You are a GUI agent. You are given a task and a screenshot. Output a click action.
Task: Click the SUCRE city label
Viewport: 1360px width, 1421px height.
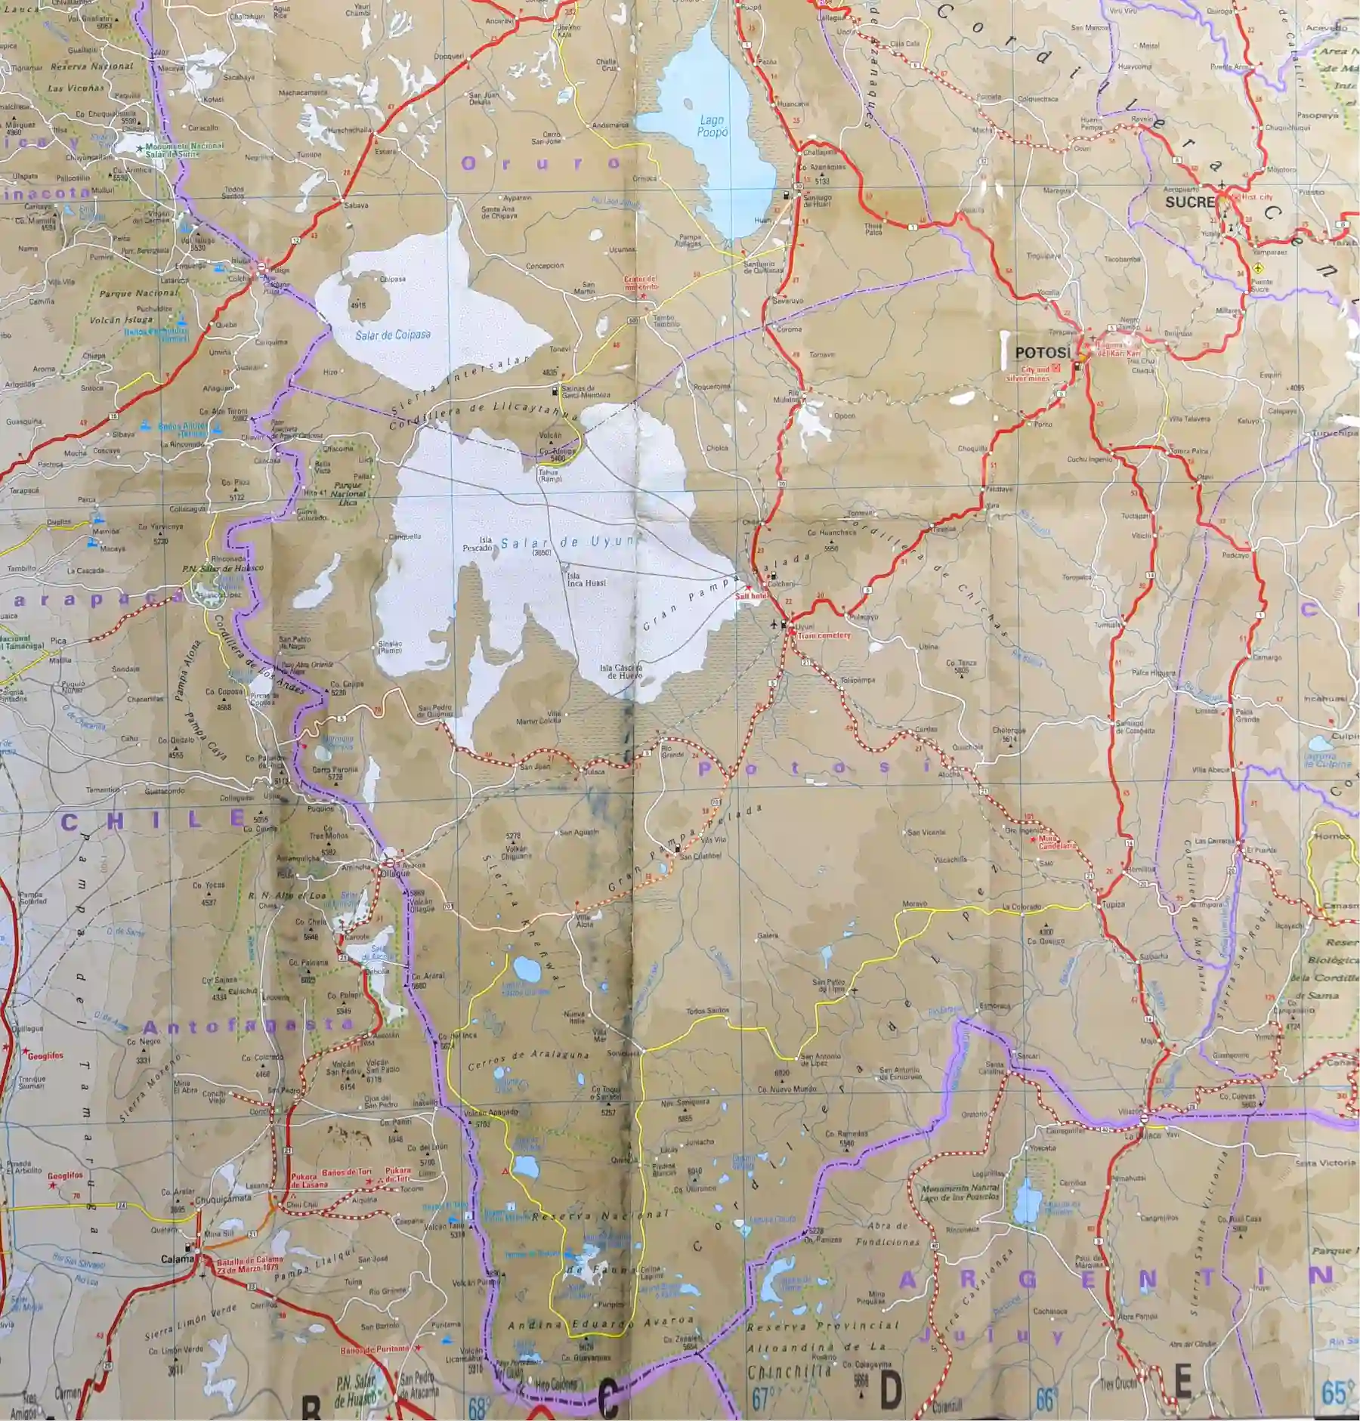(1189, 202)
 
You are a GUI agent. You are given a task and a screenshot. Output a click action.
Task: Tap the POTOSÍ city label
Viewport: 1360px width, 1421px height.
(1043, 353)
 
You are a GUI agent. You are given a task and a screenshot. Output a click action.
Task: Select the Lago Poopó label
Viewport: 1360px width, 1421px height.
(712, 125)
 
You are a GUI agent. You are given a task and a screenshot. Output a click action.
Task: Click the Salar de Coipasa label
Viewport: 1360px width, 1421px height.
(393, 334)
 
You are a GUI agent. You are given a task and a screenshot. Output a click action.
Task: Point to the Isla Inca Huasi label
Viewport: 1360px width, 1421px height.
(586, 579)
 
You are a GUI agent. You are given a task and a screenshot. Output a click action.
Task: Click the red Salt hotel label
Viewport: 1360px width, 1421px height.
(751, 596)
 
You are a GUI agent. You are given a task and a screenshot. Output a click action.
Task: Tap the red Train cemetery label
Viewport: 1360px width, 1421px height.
(824, 635)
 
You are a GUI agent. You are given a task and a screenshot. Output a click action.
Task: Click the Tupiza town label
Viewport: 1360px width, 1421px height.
(1113, 904)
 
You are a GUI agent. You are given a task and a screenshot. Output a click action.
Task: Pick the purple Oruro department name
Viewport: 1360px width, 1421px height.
(539, 163)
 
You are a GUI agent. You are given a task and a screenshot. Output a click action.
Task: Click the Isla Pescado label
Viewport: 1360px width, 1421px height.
(479, 544)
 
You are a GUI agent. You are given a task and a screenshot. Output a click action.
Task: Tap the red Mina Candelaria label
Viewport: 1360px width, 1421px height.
(1057, 842)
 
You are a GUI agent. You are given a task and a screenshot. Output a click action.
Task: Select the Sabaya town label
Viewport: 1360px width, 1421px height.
(356, 205)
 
